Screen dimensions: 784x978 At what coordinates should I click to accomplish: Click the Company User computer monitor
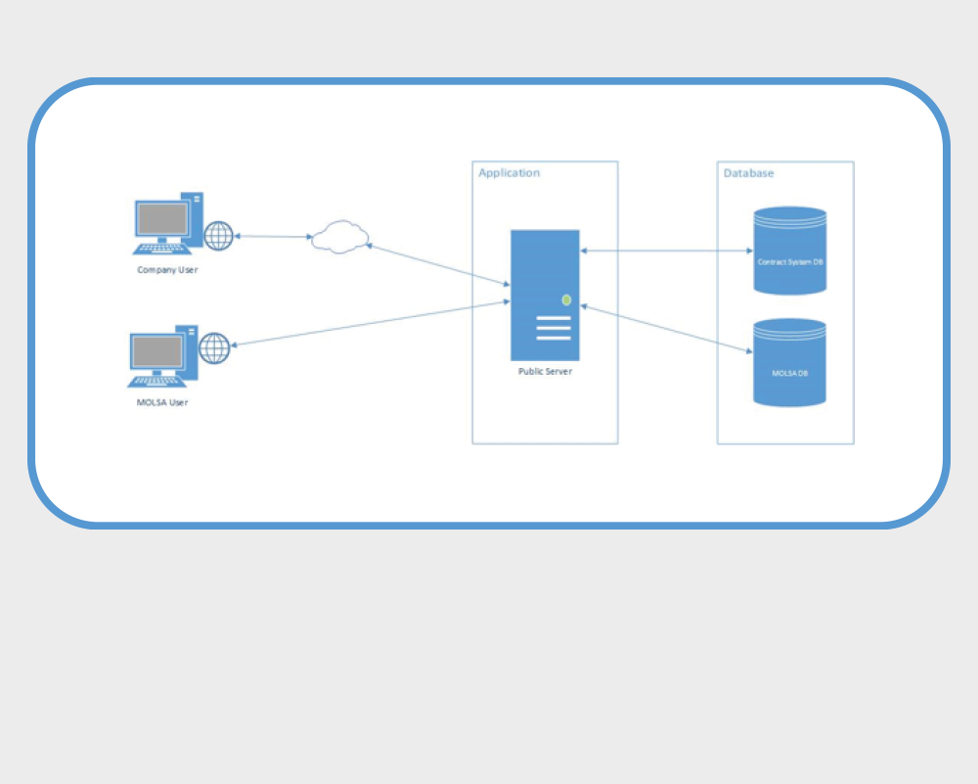pos(162,219)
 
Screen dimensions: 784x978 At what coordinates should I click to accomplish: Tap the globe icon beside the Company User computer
pos(219,236)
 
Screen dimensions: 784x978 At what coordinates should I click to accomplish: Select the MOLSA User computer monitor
pos(157,351)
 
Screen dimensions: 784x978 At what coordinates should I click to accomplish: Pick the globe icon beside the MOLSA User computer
pos(214,348)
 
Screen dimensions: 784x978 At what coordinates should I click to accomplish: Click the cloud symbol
pos(339,237)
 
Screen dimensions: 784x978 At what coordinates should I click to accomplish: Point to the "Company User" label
pos(167,270)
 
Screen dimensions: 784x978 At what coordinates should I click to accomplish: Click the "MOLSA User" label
pos(162,402)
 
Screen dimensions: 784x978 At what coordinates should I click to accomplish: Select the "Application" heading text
pos(509,173)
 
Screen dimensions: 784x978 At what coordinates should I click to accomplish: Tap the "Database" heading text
pos(748,173)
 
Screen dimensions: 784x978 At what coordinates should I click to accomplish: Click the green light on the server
pos(566,300)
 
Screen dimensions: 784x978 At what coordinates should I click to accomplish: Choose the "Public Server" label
pos(545,372)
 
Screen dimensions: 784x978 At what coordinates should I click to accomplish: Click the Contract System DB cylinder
pos(790,251)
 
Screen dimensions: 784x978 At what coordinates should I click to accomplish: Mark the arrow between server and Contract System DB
pos(666,251)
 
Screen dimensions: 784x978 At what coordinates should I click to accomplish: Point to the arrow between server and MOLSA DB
pos(666,327)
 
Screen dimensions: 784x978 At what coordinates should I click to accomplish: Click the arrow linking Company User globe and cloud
pos(273,236)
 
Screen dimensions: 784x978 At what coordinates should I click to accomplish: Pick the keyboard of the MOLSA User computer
pos(158,381)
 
